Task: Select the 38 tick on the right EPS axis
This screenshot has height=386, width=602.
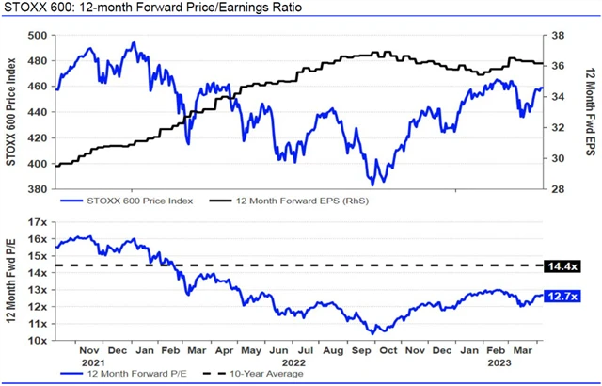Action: pyautogui.click(x=557, y=36)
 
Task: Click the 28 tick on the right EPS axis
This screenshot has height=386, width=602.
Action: pyautogui.click(x=557, y=189)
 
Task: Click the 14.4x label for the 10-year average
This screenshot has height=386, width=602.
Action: pyautogui.click(x=562, y=266)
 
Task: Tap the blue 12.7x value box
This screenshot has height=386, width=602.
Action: pyautogui.click(x=562, y=297)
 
